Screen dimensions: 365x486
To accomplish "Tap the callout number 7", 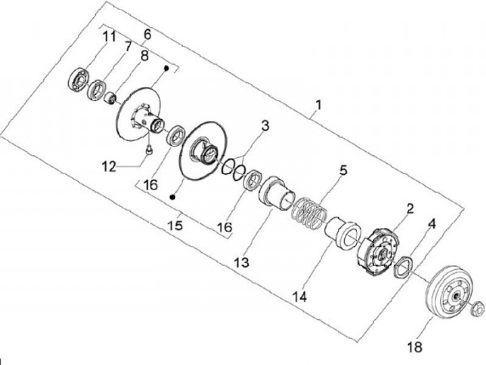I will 126,46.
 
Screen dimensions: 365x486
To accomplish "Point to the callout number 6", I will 147,33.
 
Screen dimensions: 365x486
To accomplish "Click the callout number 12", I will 109,165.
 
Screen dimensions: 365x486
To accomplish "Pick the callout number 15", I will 175,225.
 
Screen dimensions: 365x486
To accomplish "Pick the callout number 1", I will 319,106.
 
